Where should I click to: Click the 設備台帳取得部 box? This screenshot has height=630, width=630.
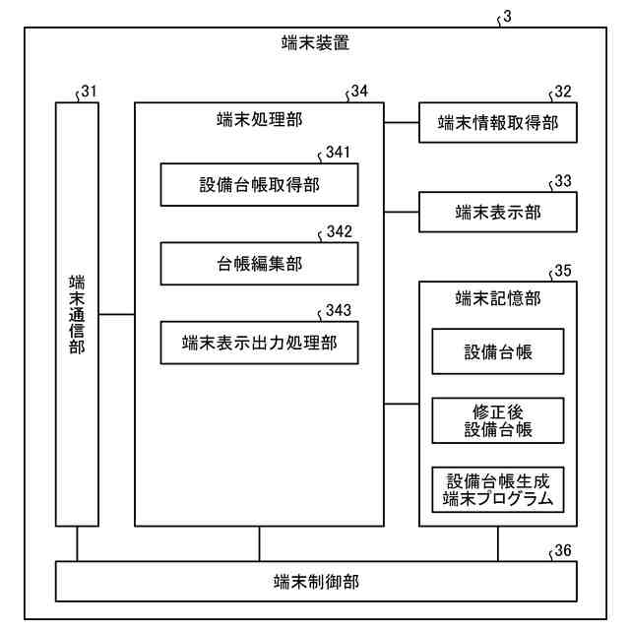[259, 185]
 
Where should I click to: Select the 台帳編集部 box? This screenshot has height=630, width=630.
[259, 265]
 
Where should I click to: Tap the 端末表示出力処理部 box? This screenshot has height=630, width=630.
[259, 344]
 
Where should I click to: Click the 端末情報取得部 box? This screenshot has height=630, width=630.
[498, 123]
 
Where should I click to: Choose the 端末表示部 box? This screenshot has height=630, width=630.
[498, 212]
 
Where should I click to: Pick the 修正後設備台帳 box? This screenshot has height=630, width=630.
[498, 421]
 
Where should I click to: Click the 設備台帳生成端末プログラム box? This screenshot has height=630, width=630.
[498, 490]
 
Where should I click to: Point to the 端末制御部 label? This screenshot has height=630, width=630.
[316, 581]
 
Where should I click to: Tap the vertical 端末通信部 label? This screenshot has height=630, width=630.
[77, 314]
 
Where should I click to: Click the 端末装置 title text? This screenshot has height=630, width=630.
[315, 43]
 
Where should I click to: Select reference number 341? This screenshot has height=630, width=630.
[339, 153]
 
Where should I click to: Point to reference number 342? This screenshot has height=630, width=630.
[339, 232]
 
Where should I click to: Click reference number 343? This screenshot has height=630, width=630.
[339, 311]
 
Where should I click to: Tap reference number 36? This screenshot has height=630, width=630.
[563, 549]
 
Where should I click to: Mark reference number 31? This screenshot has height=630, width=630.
[90, 92]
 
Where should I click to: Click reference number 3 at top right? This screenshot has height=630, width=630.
[507, 17]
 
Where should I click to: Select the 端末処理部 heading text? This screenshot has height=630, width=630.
[259, 120]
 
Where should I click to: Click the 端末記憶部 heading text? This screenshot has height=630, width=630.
[498, 298]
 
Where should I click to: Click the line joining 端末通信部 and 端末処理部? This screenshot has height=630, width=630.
[116, 314]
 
